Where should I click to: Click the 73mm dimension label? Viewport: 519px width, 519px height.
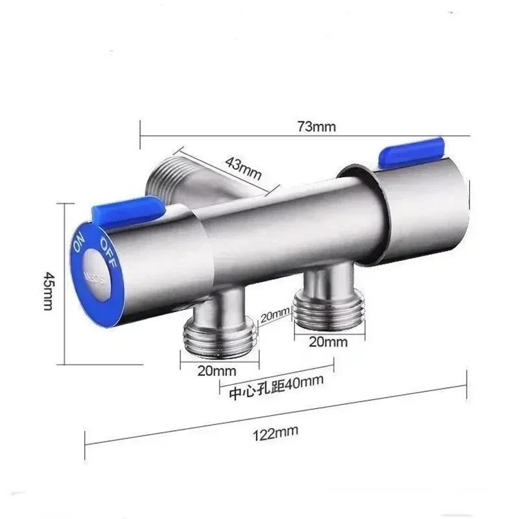pos(317,127)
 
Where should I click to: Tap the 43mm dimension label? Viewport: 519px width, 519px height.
pos(243,168)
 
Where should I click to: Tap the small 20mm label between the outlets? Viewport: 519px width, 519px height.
pos(274,315)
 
